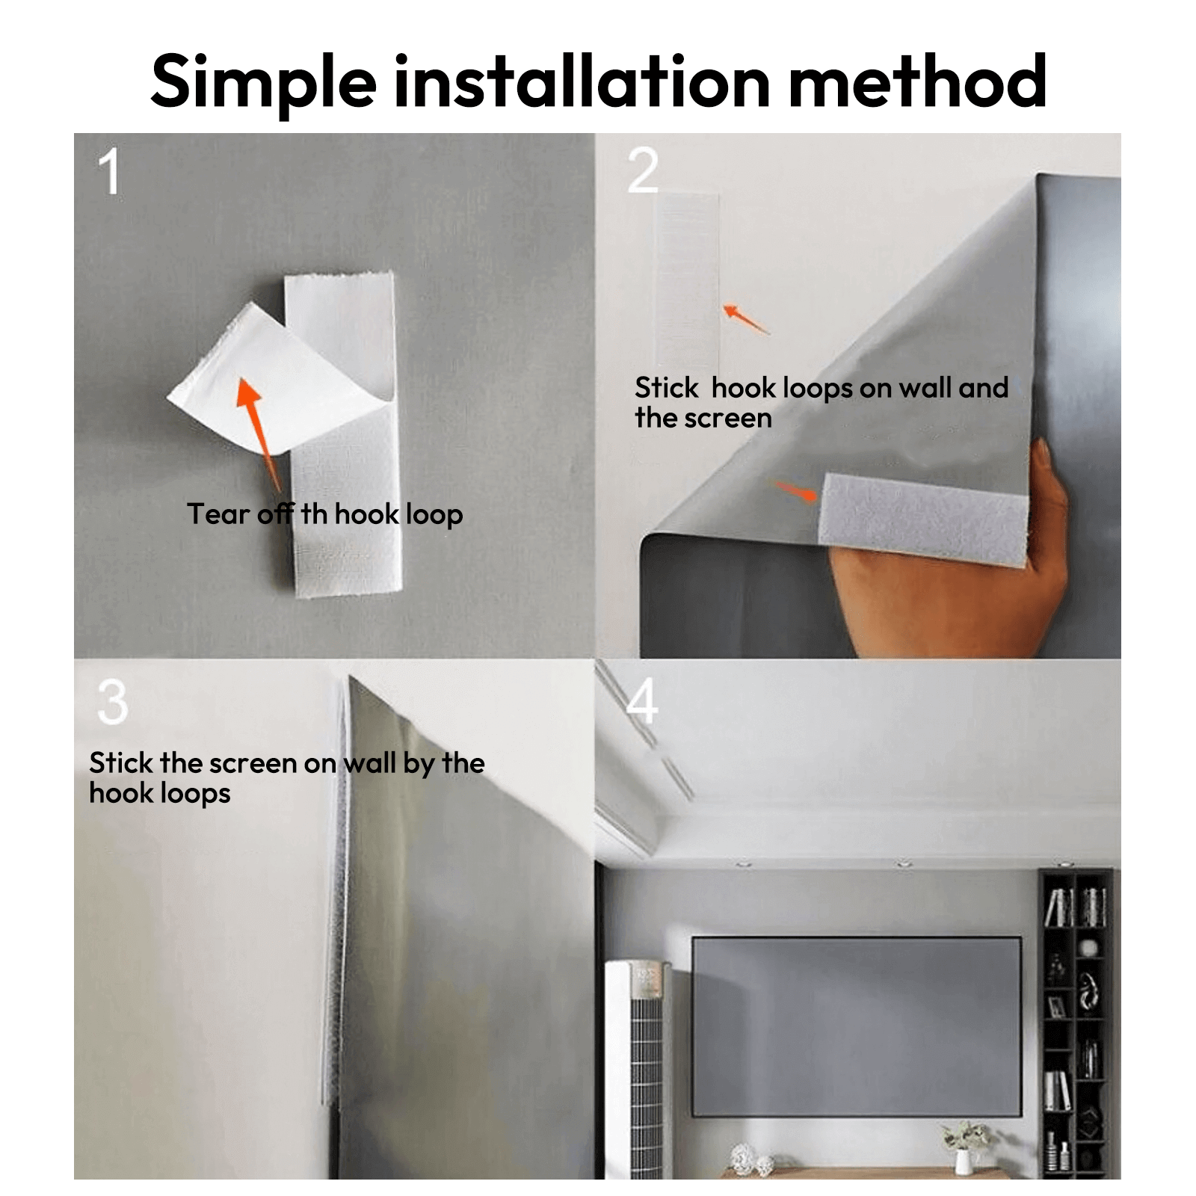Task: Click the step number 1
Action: pos(109,171)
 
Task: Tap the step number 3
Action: pos(113,702)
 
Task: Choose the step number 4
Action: pos(642,701)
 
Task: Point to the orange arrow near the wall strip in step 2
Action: pos(745,318)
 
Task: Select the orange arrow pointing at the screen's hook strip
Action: pos(795,492)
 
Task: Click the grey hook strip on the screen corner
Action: pos(924,519)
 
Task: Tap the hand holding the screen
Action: pos(949,568)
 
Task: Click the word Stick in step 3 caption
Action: pos(120,763)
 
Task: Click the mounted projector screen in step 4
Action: pos(857,1026)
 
